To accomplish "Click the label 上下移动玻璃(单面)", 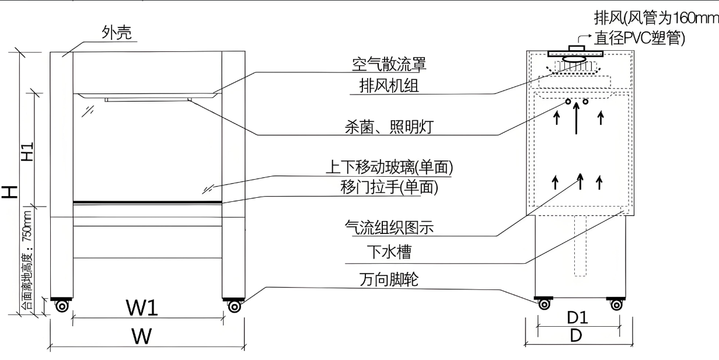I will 389,167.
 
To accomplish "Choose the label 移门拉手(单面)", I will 389,187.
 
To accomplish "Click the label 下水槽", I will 389,252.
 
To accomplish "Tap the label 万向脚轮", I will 389,280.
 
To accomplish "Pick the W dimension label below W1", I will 142,336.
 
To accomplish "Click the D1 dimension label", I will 577,318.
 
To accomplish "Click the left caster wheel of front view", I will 61,306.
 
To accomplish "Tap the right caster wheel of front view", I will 233,306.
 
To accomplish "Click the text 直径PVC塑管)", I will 639,38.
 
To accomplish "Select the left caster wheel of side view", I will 544,303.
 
